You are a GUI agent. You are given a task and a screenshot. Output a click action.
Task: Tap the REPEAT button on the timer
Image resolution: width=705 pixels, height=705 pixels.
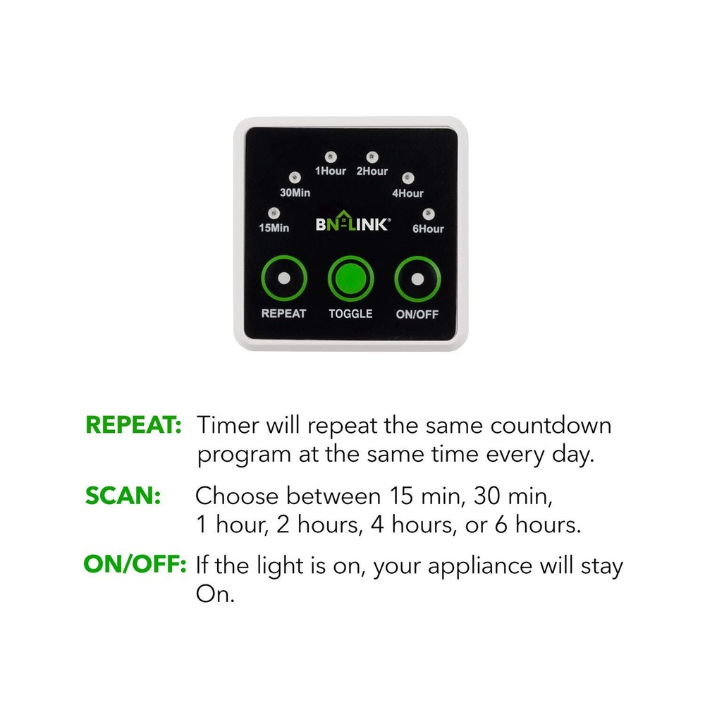click(x=283, y=278)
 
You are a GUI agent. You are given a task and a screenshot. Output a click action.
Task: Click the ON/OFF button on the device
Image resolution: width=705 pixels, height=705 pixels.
click(x=418, y=278)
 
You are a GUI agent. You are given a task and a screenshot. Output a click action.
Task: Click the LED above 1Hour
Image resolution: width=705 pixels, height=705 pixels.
click(x=330, y=156)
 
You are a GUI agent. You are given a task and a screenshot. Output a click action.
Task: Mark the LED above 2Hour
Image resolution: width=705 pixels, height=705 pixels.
click(x=372, y=156)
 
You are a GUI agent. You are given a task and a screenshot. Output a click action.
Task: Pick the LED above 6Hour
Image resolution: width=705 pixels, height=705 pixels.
click(x=428, y=212)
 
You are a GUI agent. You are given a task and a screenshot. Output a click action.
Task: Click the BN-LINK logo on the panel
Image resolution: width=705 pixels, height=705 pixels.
click(x=351, y=225)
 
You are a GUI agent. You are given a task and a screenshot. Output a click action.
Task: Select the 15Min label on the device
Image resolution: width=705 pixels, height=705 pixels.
click(x=274, y=228)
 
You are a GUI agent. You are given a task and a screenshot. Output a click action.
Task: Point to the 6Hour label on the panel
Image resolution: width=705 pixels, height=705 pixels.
click(x=428, y=228)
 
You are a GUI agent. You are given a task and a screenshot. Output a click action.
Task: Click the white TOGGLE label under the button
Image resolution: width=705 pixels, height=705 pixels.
click(x=350, y=313)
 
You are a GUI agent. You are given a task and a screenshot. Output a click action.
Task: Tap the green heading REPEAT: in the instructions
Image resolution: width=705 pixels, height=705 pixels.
click(x=133, y=426)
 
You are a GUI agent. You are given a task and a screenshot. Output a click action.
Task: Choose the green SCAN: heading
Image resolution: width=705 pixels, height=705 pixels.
click(x=123, y=496)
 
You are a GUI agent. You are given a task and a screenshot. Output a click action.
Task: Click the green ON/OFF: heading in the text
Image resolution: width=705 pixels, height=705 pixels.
click(x=135, y=565)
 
